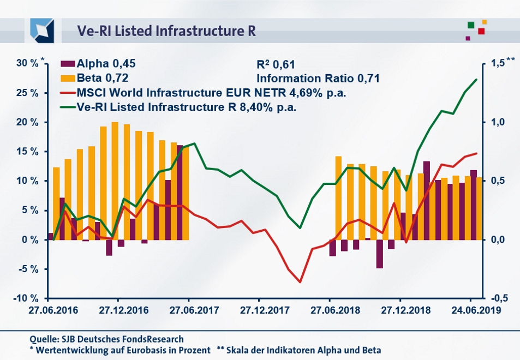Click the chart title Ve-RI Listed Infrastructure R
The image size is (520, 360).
pos(159,31)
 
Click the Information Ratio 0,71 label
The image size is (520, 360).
pos(318,78)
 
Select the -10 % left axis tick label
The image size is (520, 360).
pos(26,298)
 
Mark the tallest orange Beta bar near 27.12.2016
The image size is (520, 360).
pos(115,180)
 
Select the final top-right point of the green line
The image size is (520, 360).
pos(476,80)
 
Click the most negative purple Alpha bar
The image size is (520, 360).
pos(379,254)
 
